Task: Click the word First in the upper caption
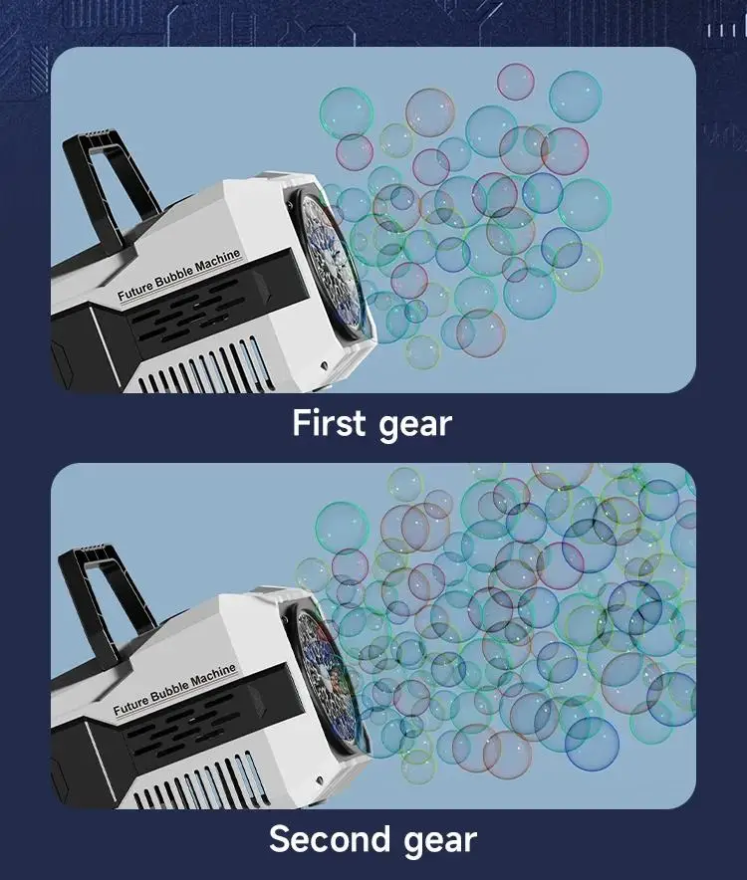(x=329, y=422)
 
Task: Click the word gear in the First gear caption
(x=415, y=425)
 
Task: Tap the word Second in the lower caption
(x=329, y=839)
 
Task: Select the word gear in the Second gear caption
(x=440, y=842)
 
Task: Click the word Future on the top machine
(x=134, y=290)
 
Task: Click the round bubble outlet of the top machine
(x=331, y=264)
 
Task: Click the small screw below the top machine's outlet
(x=324, y=365)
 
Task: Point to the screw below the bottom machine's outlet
(x=319, y=780)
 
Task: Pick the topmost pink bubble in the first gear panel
(x=516, y=82)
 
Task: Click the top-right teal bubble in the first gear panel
(x=575, y=97)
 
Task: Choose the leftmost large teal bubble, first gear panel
(x=347, y=113)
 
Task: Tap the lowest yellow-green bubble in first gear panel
(x=422, y=351)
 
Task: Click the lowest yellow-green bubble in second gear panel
(x=418, y=767)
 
